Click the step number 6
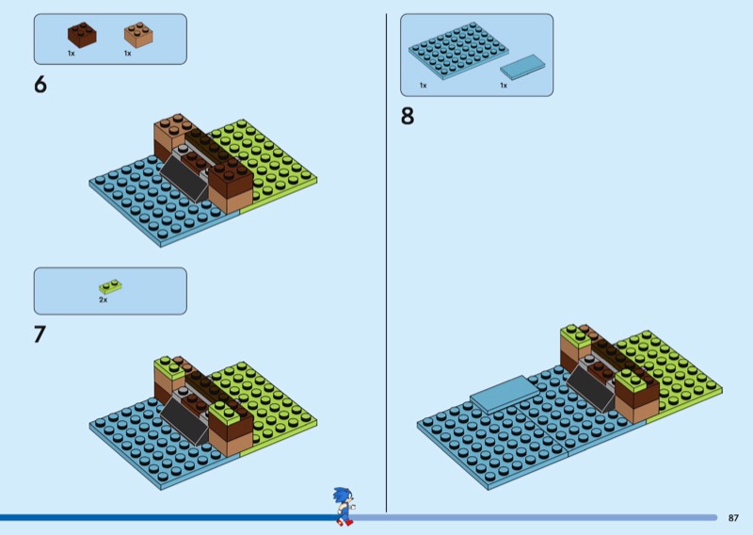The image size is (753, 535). coord(40,85)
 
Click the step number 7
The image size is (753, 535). coord(40,334)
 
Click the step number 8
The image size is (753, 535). coord(408,117)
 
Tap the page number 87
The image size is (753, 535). coord(733,518)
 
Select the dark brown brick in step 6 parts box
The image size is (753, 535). coord(82,35)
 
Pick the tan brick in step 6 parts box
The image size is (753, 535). coord(138,35)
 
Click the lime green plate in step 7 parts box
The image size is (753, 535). coord(110,286)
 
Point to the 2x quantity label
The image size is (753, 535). coord(104,300)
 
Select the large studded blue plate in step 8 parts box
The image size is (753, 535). coord(458,50)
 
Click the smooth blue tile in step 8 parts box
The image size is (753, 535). coord(522,67)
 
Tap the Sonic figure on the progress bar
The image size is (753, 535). coord(344,506)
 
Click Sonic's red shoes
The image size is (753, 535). coord(345,522)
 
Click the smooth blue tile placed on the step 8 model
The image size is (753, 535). coord(505,394)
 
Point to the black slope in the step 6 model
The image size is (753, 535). coord(184,179)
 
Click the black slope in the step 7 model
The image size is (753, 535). coord(184,422)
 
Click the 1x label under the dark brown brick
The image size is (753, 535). coord(72,54)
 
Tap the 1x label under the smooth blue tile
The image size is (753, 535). coord(504,86)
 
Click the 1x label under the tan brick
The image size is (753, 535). coord(128,54)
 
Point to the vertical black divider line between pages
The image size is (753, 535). coord(386,263)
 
